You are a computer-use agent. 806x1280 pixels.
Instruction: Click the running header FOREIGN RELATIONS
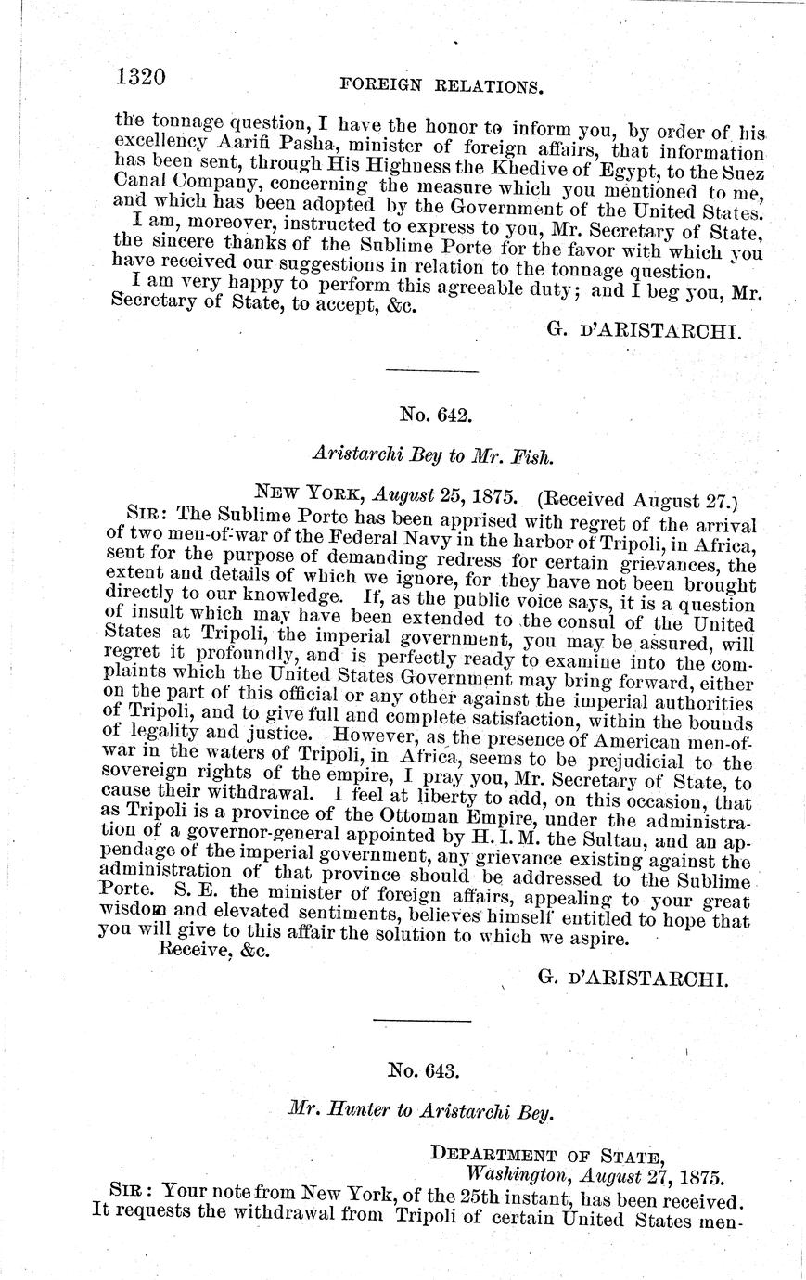coord(441,85)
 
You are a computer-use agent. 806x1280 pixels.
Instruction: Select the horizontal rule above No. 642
coord(430,372)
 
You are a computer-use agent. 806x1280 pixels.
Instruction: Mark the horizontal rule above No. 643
coord(421,1022)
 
